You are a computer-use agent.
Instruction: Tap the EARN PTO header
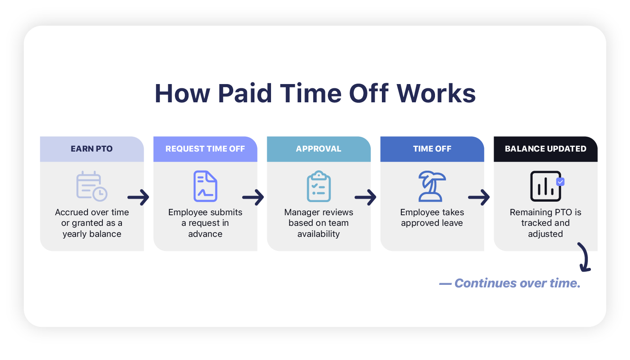pos(92,149)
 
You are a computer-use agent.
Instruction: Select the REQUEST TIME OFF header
pos(205,149)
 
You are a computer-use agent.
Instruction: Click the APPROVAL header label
pos(319,149)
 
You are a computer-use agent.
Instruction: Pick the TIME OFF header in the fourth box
pos(432,149)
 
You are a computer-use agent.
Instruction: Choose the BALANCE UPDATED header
pos(545,149)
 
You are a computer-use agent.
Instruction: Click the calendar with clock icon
pos(92,186)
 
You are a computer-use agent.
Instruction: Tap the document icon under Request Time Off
pos(205,186)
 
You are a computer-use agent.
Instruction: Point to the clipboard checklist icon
pos(319,186)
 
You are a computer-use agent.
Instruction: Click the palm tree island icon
pos(432,186)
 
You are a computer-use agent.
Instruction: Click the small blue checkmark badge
pos(561,182)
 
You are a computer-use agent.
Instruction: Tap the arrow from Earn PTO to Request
pos(138,197)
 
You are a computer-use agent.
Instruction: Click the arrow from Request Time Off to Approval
pos(253,197)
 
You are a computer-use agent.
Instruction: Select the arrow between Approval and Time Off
pos(366,197)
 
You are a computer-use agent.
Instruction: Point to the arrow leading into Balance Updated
pos(479,197)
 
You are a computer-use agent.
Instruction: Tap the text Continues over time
pos(517,283)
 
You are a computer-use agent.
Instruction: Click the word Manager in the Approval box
pos(301,212)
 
